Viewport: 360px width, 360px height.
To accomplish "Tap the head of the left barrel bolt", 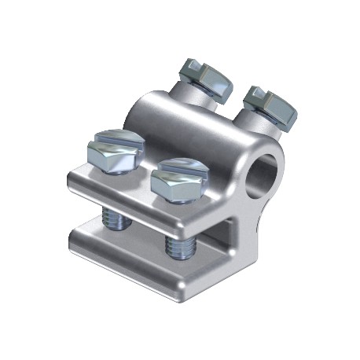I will pos(207,77).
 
